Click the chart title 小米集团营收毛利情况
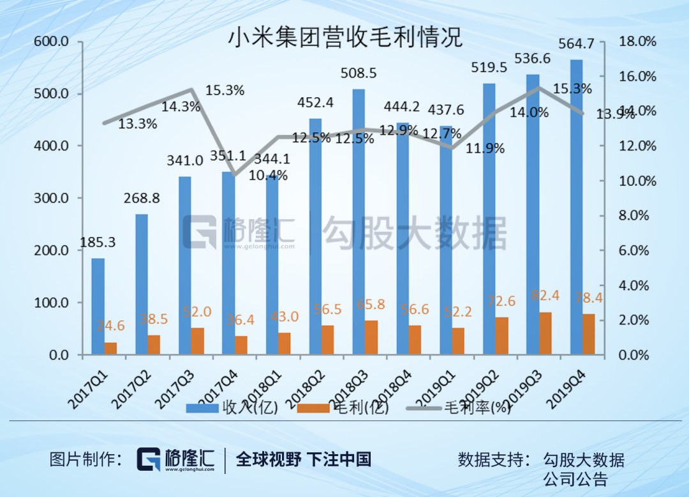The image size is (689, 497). [x=344, y=37]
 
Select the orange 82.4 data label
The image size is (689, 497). [x=545, y=296]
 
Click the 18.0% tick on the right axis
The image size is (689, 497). [x=638, y=42]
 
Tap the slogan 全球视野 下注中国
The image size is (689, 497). [x=303, y=459]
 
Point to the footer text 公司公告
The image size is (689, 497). [x=574, y=478]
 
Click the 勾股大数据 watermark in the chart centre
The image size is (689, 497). [x=415, y=232]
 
